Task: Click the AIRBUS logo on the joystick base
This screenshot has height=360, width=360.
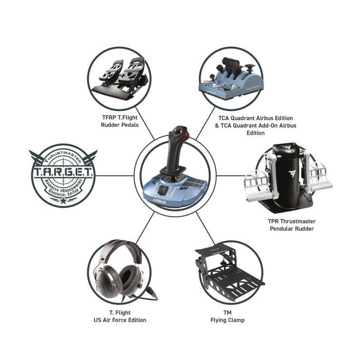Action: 159,201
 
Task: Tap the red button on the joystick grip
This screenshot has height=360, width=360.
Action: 187,135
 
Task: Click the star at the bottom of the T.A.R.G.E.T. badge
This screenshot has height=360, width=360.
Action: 63,201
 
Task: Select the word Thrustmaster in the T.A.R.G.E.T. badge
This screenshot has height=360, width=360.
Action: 63,156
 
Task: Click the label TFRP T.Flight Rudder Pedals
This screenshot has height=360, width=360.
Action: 120,121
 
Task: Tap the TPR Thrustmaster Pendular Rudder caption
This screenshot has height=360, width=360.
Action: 292,225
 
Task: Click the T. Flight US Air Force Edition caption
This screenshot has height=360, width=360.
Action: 120,316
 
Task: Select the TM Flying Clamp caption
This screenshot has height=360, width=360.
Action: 228,316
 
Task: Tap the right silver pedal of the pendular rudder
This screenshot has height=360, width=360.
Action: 320,177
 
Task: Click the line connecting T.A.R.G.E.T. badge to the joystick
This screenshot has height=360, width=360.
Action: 115,176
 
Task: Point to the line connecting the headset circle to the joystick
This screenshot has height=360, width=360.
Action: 145,228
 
